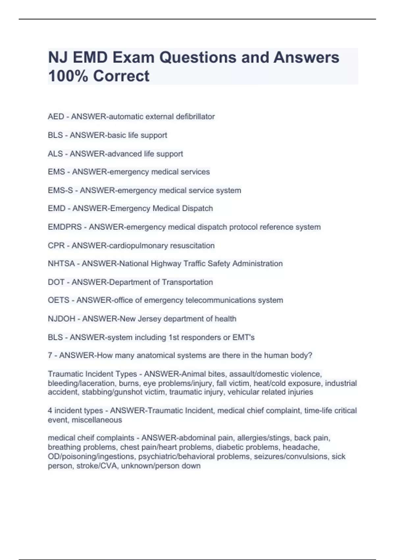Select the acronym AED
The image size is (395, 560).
(56, 117)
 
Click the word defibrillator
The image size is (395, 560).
(195, 117)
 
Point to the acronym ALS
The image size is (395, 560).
(55, 154)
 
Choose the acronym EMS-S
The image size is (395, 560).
(60, 190)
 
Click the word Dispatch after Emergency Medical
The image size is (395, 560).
(197, 209)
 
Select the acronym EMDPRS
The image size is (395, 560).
(65, 227)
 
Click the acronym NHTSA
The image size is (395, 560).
(61, 264)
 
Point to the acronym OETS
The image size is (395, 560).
(59, 300)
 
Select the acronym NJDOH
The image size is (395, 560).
(62, 319)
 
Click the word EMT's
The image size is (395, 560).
(244, 337)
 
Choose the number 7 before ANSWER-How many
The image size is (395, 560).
(50, 355)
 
